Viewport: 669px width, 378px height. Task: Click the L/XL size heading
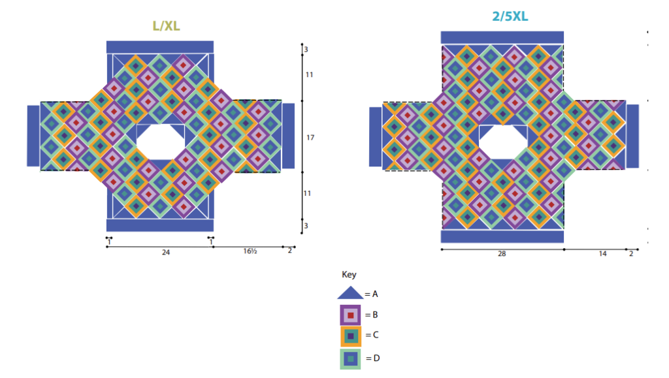(x=166, y=26)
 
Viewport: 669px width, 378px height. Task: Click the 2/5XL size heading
(x=510, y=16)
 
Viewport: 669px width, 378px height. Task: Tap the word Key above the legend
(x=349, y=274)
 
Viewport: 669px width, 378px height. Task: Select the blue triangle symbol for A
(x=350, y=292)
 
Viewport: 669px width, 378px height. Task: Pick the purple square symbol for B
(x=350, y=315)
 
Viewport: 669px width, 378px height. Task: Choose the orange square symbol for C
(x=351, y=336)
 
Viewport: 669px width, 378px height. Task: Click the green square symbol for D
(x=350, y=359)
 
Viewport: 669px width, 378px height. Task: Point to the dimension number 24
(x=165, y=253)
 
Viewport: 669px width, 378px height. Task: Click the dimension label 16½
(x=250, y=251)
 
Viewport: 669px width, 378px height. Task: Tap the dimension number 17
(x=310, y=138)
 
